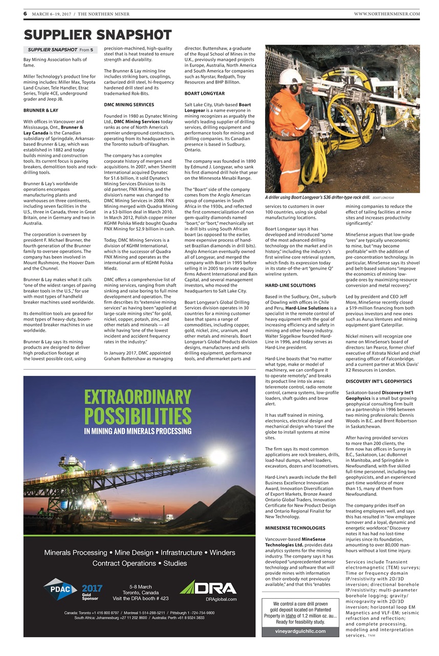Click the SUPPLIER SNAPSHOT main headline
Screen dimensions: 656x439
tap(97, 34)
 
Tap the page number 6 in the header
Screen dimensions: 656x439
tap(25, 13)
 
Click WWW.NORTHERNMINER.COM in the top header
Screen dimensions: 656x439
tap(386, 14)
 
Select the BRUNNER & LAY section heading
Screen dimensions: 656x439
tap(40, 110)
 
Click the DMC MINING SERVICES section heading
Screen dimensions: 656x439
tap(128, 104)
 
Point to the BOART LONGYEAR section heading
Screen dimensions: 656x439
tap(204, 94)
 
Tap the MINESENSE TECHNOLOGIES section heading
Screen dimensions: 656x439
tap(295, 528)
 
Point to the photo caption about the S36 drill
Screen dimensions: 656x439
tap(318, 197)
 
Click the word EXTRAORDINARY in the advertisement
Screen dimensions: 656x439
tap(138, 397)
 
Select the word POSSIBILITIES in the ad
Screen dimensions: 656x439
tap(138, 415)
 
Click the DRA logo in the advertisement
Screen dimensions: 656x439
tap(208, 587)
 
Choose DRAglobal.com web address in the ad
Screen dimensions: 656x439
tap(221, 599)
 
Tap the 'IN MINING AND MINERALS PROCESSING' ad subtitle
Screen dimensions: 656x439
tap(138, 431)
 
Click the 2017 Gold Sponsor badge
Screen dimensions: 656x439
tap(92, 592)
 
